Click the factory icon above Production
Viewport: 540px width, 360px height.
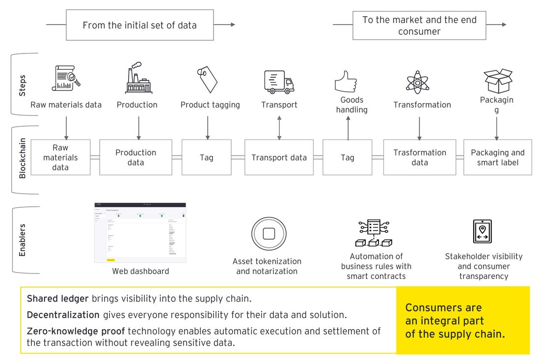138,78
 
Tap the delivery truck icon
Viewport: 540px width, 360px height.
279,82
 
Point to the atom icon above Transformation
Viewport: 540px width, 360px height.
417,82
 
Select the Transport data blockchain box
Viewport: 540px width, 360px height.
279,158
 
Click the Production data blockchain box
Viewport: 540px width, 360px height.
135,158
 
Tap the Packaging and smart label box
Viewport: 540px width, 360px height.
497,158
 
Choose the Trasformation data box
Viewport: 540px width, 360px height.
419,158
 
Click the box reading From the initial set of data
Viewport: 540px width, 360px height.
139,25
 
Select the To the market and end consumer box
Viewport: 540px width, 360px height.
419,25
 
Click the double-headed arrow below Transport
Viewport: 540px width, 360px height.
279,127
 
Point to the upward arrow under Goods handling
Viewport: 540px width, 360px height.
348,128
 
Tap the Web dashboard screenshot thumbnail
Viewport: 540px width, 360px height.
140,232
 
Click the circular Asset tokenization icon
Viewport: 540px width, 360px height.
268,234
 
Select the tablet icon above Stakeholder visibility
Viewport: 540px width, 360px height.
482,231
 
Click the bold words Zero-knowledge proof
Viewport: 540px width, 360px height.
76,331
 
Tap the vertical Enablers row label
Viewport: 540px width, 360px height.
22,240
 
